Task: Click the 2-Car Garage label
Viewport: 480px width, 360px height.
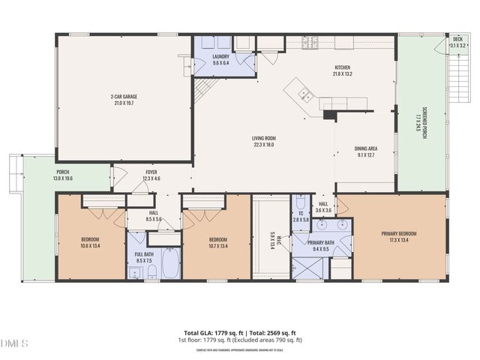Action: tap(124, 97)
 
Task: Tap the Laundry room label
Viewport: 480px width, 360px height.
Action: tap(220, 56)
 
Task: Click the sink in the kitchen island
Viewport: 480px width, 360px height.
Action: tap(305, 94)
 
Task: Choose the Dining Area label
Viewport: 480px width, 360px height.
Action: tap(366, 148)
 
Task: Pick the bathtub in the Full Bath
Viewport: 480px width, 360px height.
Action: tap(171, 262)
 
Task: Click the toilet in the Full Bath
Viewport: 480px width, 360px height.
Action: tap(151, 271)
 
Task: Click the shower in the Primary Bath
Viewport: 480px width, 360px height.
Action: tap(309, 268)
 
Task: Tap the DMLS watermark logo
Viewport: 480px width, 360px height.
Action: tap(14, 343)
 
